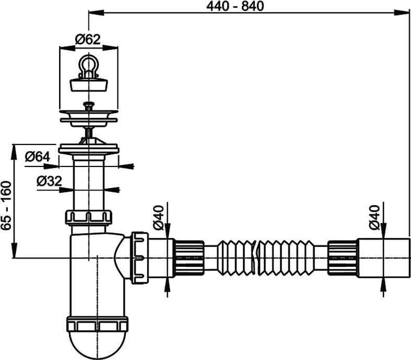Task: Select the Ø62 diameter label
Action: tap(87, 39)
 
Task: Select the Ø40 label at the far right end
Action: tap(374, 218)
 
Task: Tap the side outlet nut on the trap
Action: tap(139, 258)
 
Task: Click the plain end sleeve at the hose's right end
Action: tap(381, 257)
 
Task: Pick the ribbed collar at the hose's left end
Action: tap(187, 257)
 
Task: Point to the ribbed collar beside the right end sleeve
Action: tap(343, 257)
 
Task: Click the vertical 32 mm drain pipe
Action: tap(88, 183)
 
